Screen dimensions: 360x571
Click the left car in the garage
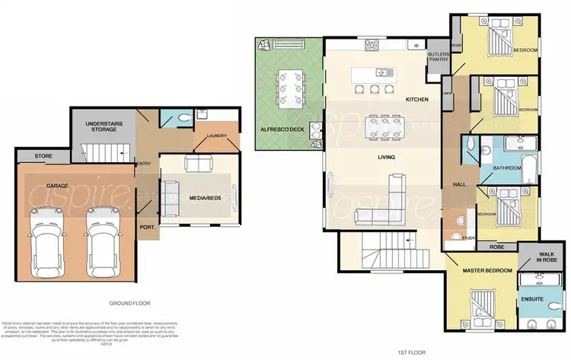pyautogui.click(x=47, y=229)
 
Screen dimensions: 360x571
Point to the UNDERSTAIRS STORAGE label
pyautogui.click(x=101, y=126)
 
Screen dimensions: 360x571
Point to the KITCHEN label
pyautogui.click(x=417, y=100)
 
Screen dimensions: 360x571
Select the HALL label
pyautogui.click(x=459, y=184)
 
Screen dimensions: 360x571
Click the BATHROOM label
pyautogui.click(x=506, y=167)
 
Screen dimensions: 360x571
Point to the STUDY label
pyautogui.click(x=469, y=238)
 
